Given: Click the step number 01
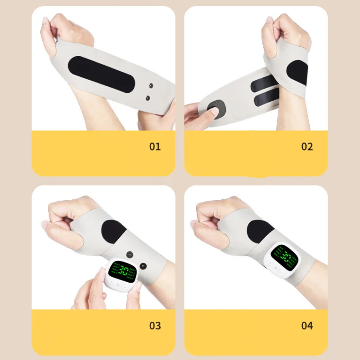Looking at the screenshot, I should point(155,146).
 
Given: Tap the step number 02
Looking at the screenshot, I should point(307,146).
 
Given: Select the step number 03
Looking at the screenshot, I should point(155,325).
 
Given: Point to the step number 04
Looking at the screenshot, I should point(307,325).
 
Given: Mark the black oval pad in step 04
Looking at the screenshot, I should point(260,231).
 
